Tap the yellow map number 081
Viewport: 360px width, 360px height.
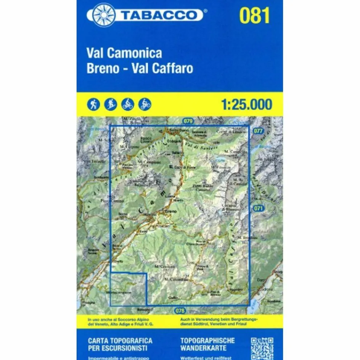pyautogui.click(x=254, y=16)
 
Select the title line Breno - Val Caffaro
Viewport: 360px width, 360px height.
pyautogui.click(x=140, y=68)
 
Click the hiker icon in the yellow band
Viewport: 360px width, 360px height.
pyautogui.click(x=93, y=104)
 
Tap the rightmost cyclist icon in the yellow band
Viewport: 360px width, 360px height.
pyautogui.click(x=145, y=104)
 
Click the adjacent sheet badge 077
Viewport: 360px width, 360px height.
pyautogui.click(x=258, y=130)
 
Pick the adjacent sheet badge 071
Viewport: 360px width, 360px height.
pyautogui.click(x=258, y=208)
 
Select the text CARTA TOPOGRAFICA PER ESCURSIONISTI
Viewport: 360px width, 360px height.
pyautogui.click(x=120, y=344)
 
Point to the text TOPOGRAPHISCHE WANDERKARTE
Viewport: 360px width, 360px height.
pyautogui.click(x=207, y=344)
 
